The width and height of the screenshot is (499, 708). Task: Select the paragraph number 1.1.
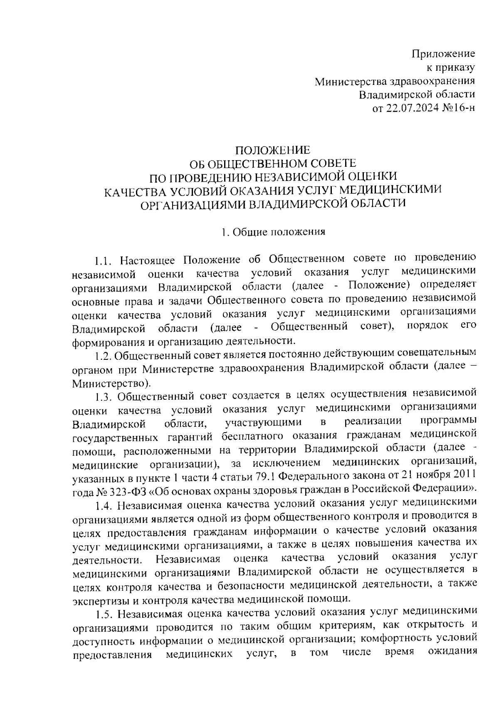point(104,261)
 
